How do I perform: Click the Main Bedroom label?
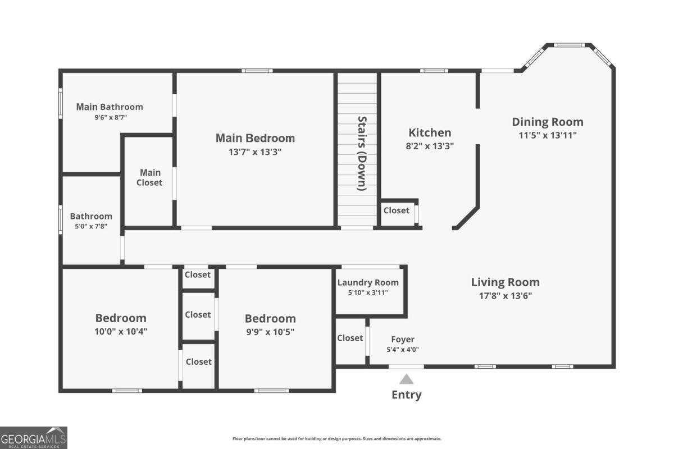255,138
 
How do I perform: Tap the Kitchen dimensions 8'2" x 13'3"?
430,145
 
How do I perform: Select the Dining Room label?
547,122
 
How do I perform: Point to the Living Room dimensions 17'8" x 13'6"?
505,296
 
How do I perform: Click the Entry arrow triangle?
407,379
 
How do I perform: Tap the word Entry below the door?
406,395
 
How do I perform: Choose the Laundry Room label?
368,282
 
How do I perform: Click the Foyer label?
403,339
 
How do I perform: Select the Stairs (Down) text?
362,153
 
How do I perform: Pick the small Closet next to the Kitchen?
397,210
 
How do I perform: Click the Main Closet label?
150,177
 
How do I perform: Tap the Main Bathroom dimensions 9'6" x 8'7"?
111,118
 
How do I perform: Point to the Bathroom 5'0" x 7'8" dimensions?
90,226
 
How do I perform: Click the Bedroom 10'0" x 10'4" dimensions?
121,331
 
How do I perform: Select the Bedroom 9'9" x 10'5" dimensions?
270,332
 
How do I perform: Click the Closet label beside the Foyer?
350,338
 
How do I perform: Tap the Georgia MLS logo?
34,437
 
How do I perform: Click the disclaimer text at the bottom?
337,439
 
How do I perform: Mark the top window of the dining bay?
570,44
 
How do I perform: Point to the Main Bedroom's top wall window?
257,71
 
